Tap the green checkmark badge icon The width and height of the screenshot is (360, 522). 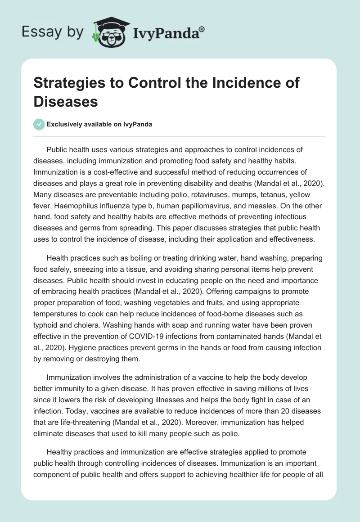[39, 124]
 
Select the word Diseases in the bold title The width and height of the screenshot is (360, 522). [66, 101]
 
